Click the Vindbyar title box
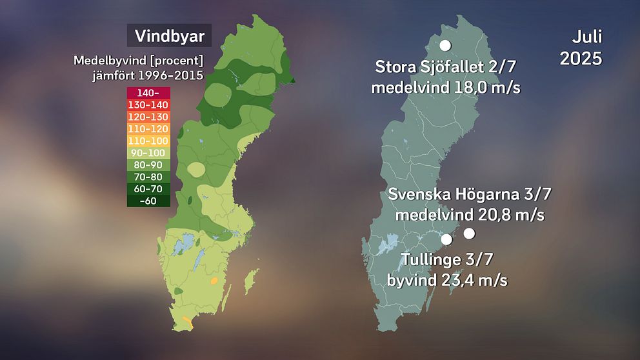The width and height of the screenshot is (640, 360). pyautogui.click(x=169, y=35)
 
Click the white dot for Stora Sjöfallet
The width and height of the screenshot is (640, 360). pyautogui.click(x=445, y=46)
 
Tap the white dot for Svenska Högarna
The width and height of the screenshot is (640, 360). pyautogui.click(x=469, y=233)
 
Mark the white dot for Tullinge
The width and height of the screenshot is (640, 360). pyautogui.click(x=446, y=239)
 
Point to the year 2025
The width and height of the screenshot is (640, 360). pyautogui.click(x=581, y=59)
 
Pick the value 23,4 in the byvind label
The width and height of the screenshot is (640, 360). pyautogui.click(x=463, y=281)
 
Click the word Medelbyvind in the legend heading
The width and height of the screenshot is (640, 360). pyautogui.click(x=104, y=61)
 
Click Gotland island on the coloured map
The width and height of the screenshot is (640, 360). pyautogui.click(x=252, y=280)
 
